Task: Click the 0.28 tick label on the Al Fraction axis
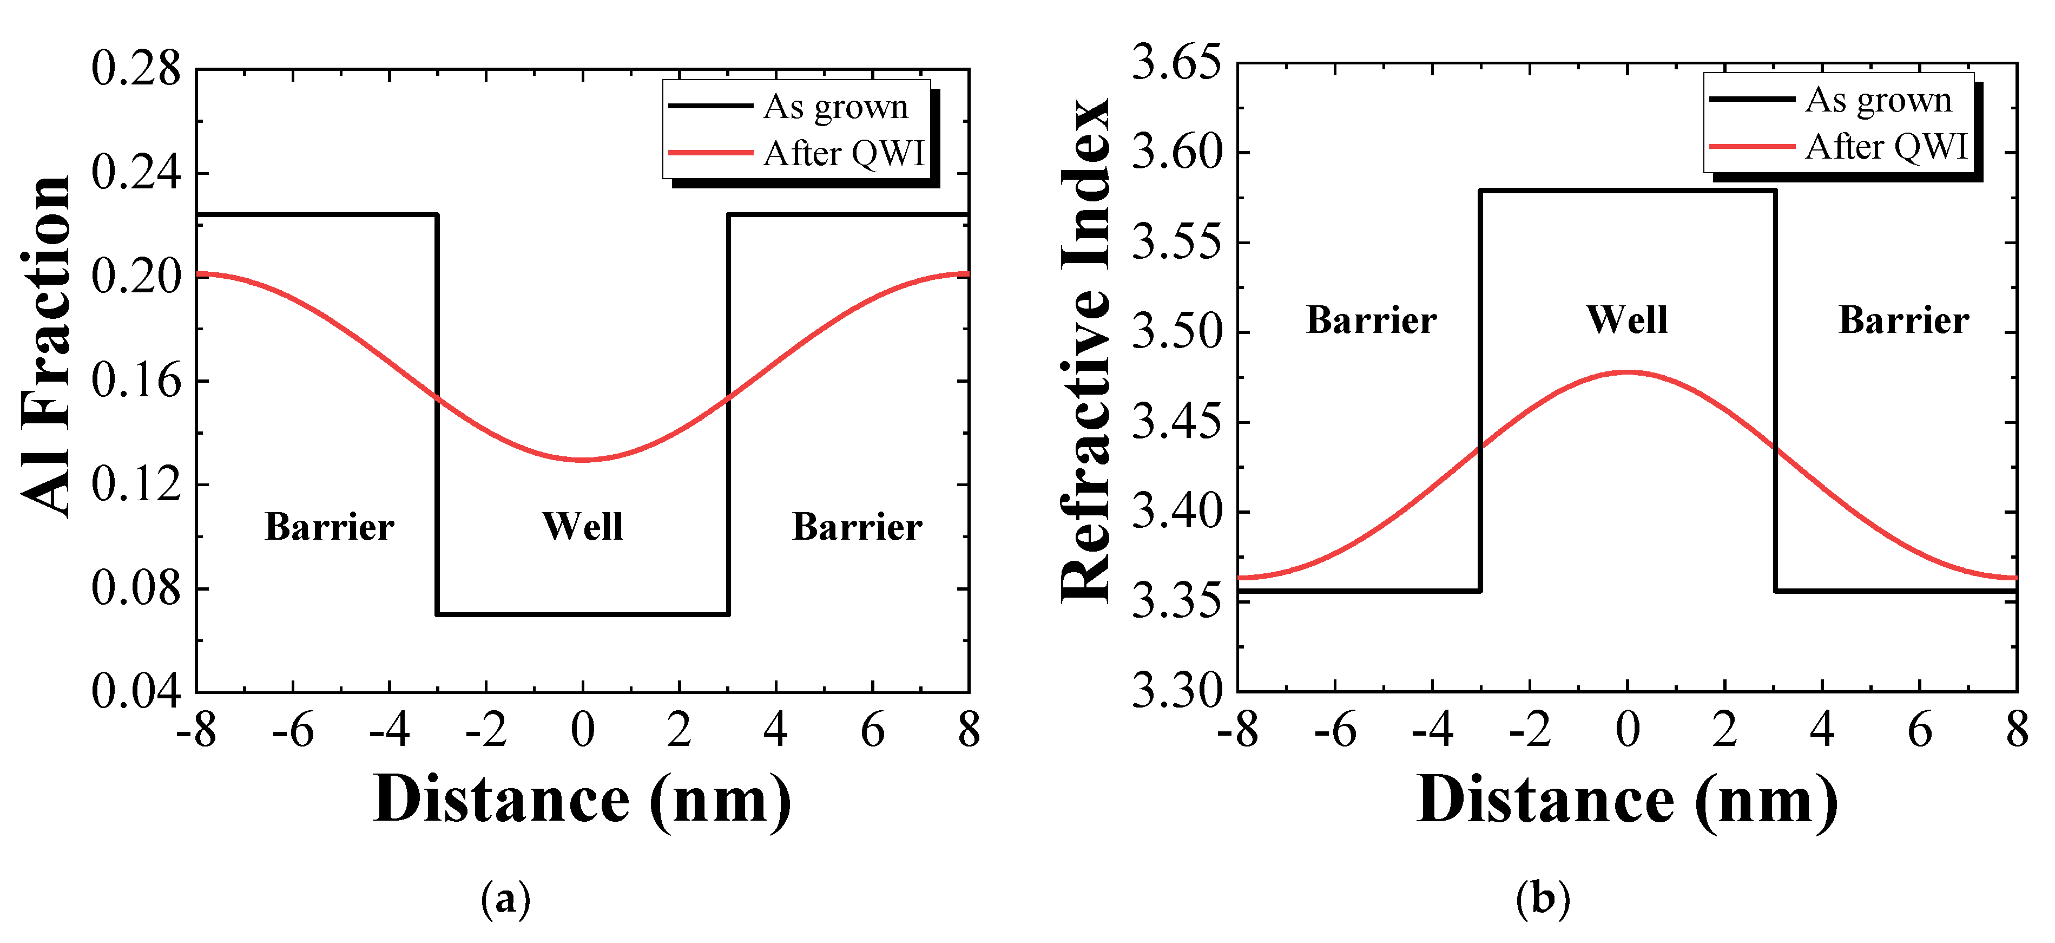tap(136, 69)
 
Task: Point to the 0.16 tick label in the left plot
tap(136, 381)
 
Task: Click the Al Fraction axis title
tap(47, 347)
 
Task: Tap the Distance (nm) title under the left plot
tap(582, 800)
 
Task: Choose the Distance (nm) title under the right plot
tap(1628, 800)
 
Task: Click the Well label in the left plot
tap(582, 527)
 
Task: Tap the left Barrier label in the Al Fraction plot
tap(330, 527)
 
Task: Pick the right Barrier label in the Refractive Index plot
tap(1903, 320)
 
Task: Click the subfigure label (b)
tap(1543, 899)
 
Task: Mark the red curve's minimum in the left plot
tap(583, 460)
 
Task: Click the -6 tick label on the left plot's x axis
tap(293, 730)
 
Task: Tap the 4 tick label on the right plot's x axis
tap(1821, 730)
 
